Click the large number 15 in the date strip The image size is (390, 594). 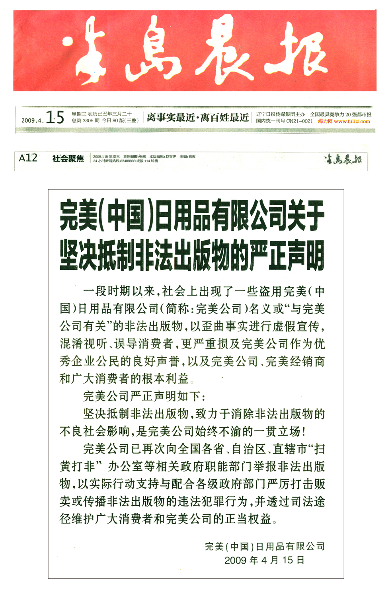tap(55, 117)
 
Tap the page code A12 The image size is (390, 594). tap(28, 158)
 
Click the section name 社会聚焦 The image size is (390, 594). tap(68, 158)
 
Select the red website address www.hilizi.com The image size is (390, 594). tap(352, 121)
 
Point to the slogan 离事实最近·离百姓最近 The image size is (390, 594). tap(197, 117)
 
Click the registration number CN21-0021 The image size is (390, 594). tap(299, 121)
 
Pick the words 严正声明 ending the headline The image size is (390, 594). tap(287, 255)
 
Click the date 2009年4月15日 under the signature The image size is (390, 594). tap(264, 560)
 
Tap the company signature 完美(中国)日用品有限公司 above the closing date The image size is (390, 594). tap(265, 546)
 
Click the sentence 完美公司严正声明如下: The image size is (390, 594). tap(144, 396)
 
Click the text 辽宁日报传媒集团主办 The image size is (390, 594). tap(280, 115)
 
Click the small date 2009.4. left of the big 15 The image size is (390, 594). tap(32, 120)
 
